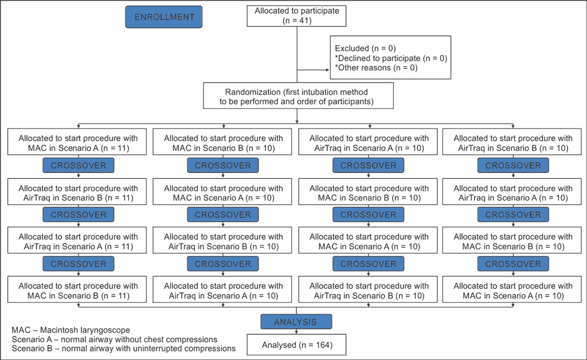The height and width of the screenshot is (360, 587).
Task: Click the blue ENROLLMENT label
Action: (x=163, y=17)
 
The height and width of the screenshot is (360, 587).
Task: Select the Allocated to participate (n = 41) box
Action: (x=296, y=15)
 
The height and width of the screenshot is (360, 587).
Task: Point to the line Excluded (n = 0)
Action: (x=365, y=48)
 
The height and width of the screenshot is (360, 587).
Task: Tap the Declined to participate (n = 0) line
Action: (x=391, y=58)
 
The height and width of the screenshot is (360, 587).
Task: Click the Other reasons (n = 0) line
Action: (x=376, y=68)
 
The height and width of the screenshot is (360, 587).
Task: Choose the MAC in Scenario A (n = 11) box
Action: (x=77, y=142)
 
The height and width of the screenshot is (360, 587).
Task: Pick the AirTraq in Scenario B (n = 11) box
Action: (x=77, y=191)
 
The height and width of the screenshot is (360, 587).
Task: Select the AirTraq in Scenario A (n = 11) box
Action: (x=77, y=240)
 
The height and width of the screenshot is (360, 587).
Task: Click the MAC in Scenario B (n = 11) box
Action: (x=77, y=289)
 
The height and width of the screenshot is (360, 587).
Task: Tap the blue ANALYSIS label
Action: (x=296, y=322)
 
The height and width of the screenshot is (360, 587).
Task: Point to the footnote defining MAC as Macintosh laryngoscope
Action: (x=71, y=330)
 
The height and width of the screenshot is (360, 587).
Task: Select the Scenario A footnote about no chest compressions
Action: (x=115, y=339)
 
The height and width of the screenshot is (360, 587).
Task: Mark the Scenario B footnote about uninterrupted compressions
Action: (x=124, y=349)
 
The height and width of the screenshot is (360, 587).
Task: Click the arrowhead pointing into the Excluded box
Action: (x=327, y=70)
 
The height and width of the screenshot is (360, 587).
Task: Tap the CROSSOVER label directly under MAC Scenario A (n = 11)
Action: (x=78, y=166)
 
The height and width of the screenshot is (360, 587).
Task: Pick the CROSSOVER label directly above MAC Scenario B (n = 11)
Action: (x=78, y=264)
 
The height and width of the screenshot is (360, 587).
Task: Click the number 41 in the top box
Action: (x=304, y=21)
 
